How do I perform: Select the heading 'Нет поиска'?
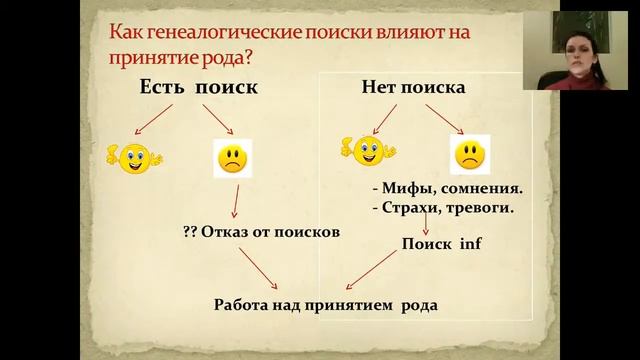(x=413, y=87)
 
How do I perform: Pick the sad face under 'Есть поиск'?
(x=233, y=158)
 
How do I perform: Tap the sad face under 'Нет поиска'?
(x=467, y=155)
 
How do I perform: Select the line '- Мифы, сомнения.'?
(x=447, y=187)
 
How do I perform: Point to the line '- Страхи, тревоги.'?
(x=442, y=208)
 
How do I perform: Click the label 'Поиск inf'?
(x=442, y=243)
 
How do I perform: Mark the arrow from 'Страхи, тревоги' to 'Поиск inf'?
(x=428, y=225)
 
